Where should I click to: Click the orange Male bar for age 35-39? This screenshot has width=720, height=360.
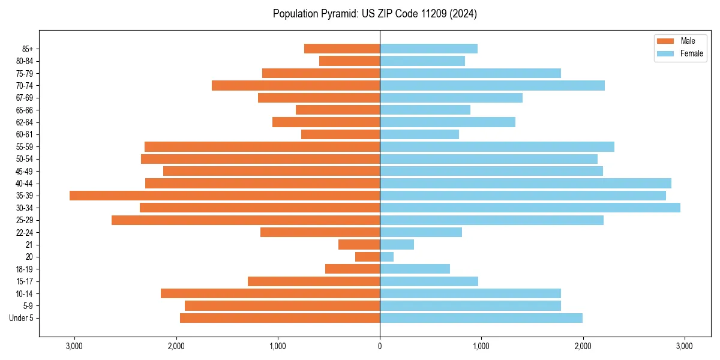[224, 196]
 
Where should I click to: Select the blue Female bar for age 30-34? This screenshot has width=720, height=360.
[530, 208]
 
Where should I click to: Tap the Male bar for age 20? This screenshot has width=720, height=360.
[367, 257]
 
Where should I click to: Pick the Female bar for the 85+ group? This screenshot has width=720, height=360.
[428, 49]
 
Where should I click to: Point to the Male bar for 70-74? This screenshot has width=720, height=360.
[296, 85]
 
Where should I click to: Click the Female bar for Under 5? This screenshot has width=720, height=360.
[481, 318]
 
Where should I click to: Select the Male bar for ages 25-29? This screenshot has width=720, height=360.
[245, 220]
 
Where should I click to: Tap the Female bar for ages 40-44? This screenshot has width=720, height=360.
[525, 183]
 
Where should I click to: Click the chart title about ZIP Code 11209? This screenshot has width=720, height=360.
[375, 14]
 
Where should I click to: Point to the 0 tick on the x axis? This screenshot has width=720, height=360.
[380, 346]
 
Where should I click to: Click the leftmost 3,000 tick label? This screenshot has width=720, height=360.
[74, 346]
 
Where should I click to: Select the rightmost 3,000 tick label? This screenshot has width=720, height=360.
[685, 346]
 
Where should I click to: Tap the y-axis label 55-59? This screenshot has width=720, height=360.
[25, 146]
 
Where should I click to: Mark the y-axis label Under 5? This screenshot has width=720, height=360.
[22, 318]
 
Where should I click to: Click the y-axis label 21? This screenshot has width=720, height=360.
[29, 245]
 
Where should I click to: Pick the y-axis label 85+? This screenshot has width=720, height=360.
[27, 49]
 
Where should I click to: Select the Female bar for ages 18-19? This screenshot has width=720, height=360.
[415, 269]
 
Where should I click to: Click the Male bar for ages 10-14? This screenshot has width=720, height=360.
[270, 293]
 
